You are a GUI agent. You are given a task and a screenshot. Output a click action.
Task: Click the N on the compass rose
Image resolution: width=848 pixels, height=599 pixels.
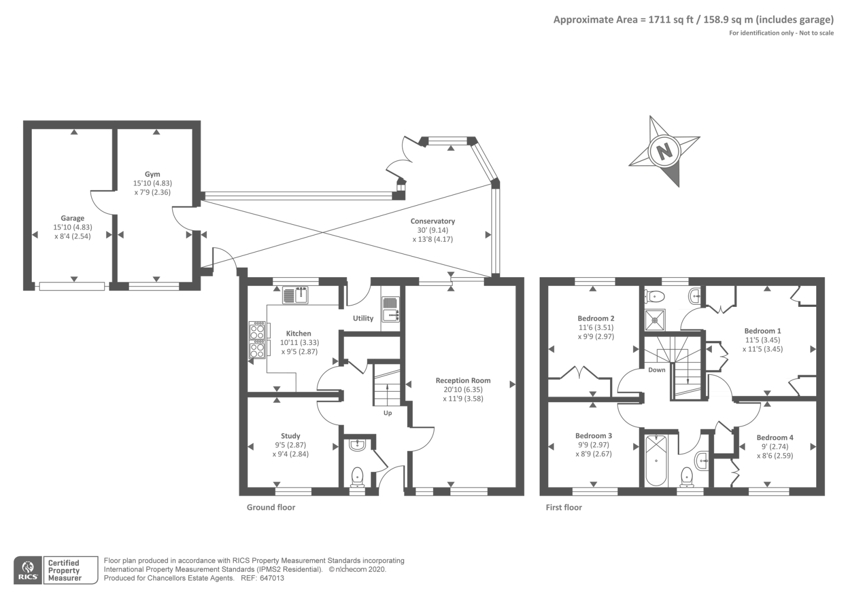tap(665, 152)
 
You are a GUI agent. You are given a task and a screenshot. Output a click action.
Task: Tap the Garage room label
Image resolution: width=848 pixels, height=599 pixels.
tap(72, 218)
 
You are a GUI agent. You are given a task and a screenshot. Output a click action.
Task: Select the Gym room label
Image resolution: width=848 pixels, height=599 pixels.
tap(152, 174)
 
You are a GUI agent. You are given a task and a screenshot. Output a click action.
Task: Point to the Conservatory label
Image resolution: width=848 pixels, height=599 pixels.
tap(432, 221)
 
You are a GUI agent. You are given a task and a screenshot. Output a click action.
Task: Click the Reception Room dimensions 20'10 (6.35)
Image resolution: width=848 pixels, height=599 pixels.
tap(463, 390)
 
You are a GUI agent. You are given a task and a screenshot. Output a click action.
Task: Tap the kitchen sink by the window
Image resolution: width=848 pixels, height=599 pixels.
tap(295, 295)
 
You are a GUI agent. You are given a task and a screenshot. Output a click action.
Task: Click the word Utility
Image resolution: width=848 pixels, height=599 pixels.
tap(363, 319)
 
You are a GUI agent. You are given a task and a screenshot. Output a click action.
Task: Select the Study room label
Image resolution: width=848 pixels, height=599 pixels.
tap(290, 436)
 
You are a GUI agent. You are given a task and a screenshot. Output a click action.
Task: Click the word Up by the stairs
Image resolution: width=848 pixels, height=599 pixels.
tap(387, 413)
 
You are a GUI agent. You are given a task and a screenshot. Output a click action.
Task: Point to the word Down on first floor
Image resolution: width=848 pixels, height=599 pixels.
tap(657, 370)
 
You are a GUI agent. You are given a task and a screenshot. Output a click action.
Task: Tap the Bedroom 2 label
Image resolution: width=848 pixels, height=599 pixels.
tap(596, 319)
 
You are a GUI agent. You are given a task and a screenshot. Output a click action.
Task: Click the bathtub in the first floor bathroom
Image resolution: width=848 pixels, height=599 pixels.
tap(656, 461)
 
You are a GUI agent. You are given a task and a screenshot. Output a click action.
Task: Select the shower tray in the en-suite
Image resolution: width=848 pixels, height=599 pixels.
tap(655, 320)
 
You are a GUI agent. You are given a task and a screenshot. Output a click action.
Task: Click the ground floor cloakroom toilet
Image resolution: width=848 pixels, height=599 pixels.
tap(357, 477)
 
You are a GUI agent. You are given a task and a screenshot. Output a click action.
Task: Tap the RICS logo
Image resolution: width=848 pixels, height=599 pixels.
tap(28, 570)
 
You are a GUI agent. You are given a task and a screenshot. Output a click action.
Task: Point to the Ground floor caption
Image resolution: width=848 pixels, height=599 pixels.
tap(271, 507)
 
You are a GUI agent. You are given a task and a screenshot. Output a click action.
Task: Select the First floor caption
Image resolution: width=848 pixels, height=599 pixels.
tap(564, 507)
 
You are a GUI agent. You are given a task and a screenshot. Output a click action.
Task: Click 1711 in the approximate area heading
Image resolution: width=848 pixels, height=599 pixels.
tap(659, 20)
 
